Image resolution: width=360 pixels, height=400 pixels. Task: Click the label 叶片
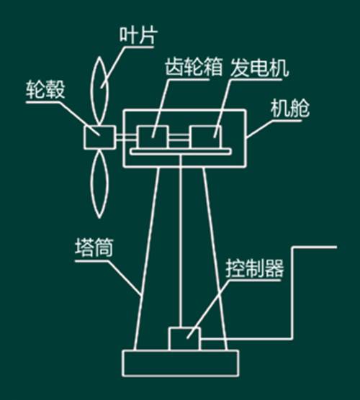138,35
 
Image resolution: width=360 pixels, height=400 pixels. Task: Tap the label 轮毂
45,90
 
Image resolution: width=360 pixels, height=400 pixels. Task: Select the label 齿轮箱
193,67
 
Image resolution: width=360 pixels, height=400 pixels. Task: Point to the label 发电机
259,68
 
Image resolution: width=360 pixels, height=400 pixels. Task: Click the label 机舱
289,109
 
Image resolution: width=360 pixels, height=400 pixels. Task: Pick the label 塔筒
94,248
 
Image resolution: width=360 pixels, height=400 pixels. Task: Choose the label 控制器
255,268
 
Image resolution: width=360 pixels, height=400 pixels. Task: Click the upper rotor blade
99,91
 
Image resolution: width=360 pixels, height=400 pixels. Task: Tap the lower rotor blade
99,183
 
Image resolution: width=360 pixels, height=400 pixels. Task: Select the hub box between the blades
99,137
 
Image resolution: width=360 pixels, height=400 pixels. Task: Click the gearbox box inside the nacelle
153,137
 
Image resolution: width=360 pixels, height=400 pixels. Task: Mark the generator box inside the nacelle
205,137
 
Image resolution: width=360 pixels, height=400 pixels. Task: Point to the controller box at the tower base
184,339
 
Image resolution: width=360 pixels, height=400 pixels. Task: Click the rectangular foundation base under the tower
181,363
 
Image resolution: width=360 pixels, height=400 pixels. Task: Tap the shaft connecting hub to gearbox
126,137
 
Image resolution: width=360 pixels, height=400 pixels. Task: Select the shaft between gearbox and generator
179,137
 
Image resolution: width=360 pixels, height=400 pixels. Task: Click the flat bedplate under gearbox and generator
181,152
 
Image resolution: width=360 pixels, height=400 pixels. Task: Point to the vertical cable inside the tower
181,241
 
